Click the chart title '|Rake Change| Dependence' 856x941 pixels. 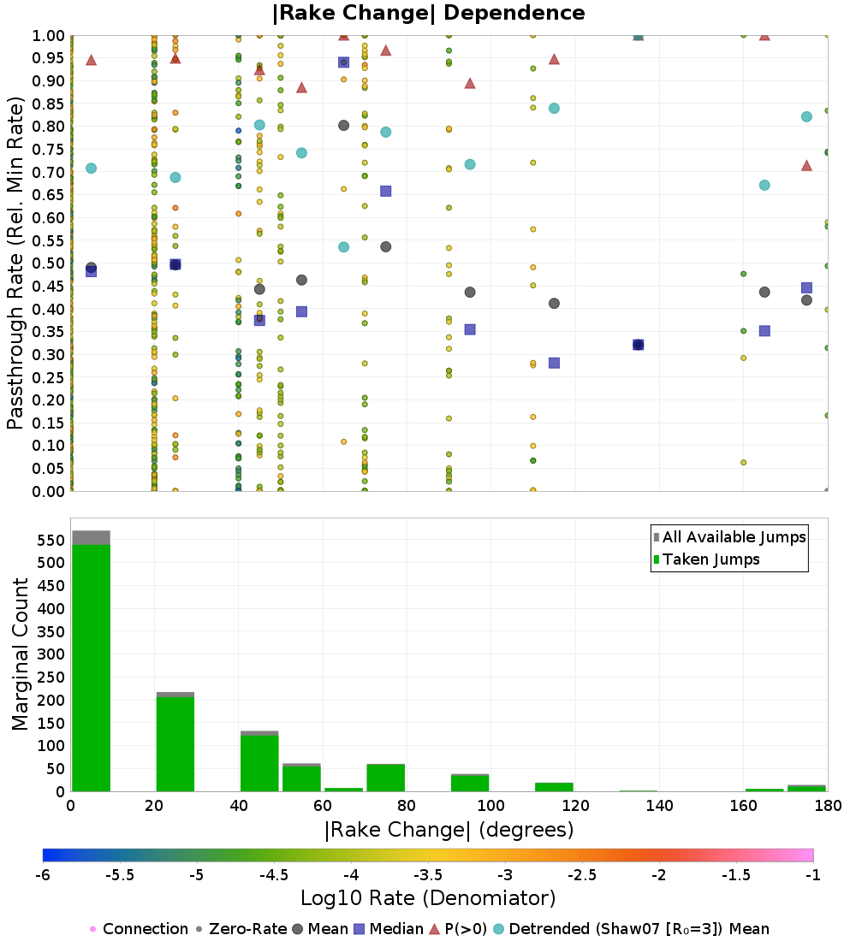[428, 13]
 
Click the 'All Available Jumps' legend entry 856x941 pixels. [734, 537]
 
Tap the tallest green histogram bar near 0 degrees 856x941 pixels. [91, 667]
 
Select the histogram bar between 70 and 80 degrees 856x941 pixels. [385, 778]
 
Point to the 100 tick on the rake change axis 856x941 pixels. [490, 806]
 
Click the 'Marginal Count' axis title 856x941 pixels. [21, 654]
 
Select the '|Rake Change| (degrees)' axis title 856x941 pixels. [449, 830]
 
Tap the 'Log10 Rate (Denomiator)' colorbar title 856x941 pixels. [428, 898]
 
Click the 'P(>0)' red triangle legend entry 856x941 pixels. [463, 929]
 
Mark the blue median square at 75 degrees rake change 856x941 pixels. [385, 191]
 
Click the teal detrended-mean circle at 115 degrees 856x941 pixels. [554, 109]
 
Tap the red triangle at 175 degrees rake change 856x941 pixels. [806, 165]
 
